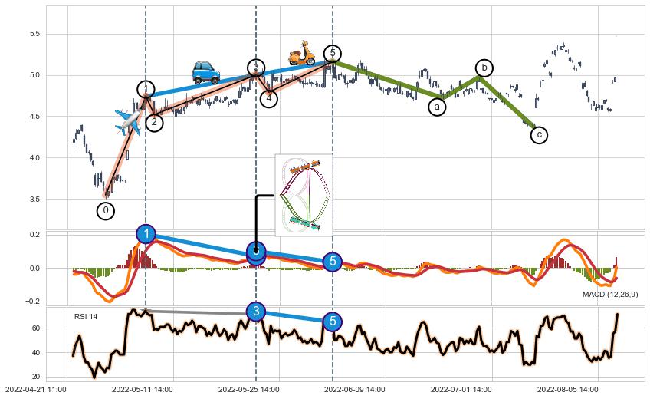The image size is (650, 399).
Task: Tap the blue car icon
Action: pyautogui.click(x=205, y=72)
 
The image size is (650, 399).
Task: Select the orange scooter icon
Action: pyautogui.click(x=301, y=53)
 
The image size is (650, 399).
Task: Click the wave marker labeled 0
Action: pyautogui.click(x=106, y=210)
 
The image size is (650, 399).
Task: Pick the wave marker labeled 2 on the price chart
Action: pyautogui.click(x=154, y=122)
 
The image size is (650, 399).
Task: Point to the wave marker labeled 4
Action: pyautogui.click(x=269, y=98)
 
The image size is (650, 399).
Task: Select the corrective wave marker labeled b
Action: pyautogui.click(x=484, y=68)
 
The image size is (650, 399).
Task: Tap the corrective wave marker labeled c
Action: pyautogui.click(x=539, y=135)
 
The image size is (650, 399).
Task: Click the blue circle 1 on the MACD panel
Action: pyautogui.click(x=146, y=234)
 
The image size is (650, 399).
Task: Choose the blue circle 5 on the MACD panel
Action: pyautogui.click(x=332, y=262)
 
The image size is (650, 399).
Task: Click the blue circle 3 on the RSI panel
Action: pyautogui.click(x=255, y=311)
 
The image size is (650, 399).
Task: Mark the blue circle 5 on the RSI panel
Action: pyautogui.click(x=332, y=321)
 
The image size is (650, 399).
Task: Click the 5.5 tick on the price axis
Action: pyautogui.click(x=33, y=34)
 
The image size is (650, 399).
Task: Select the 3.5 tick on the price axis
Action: pyautogui.click(x=33, y=199)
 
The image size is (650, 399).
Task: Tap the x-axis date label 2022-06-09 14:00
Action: pyautogui.click(x=358, y=390)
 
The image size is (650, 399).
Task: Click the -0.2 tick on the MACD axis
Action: pyautogui.click(x=32, y=302)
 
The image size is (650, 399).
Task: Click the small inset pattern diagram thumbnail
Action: pyautogui.click(x=304, y=195)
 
